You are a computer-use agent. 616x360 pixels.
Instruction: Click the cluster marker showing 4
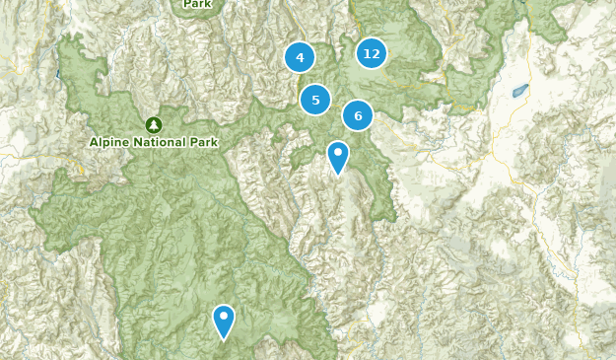300,57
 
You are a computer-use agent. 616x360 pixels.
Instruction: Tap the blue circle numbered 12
372,53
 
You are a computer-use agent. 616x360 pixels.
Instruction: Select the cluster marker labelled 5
315,100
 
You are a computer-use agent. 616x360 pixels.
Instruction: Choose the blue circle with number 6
358,115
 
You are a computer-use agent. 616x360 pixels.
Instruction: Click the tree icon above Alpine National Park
153,124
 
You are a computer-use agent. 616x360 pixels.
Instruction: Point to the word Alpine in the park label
108,142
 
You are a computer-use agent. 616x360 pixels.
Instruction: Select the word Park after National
204,142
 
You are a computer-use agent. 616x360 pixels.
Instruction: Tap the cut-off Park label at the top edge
198,4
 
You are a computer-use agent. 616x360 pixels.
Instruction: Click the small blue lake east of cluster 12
519,90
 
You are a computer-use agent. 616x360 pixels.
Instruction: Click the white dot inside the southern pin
224,316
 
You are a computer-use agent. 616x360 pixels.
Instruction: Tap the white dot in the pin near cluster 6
338,153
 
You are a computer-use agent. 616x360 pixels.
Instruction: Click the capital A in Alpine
94,142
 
